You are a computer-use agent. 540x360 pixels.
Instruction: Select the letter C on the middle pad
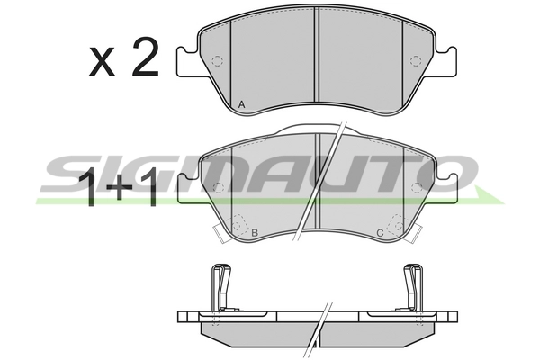pyautogui.click(x=380, y=234)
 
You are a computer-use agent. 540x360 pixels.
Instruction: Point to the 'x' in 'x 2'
pyautogui.click(x=102, y=62)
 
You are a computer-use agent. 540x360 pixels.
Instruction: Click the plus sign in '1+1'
pyautogui.click(x=119, y=190)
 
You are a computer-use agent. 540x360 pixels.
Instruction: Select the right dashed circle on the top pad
pyautogui.click(x=415, y=61)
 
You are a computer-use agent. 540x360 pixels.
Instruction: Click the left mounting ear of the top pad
pyautogui.click(x=187, y=60)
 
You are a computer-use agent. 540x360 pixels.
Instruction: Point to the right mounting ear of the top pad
pyautogui.click(x=444, y=60)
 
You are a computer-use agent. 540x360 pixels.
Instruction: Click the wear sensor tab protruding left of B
pyautogui.click(x=217, y=235)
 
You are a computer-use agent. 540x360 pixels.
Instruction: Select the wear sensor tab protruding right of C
pyautogui.click(x=415, y=235)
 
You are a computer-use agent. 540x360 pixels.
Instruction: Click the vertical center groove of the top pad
pyautogui.click(x=317, y=63)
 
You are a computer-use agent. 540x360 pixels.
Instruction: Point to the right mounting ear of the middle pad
pyautogui.click(x=444, y=187)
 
